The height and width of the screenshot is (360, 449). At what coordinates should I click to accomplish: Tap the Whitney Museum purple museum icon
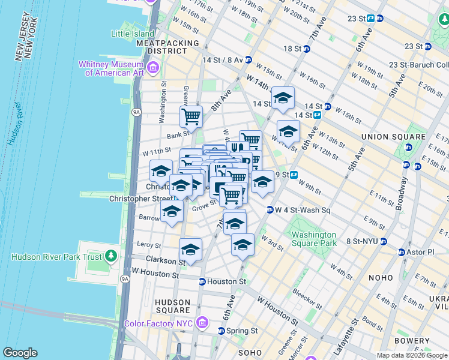(x=153, y=67)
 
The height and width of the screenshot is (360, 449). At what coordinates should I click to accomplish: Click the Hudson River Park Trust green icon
(x=110, y=257)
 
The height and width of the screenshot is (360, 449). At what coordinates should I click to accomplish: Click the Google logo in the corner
(x=20, y=353)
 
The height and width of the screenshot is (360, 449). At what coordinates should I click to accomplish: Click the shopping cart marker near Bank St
(x=191, y=116)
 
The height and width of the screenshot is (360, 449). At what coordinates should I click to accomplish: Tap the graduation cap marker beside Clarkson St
(x=190, y=249)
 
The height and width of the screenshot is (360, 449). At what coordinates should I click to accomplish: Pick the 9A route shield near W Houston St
(x=125, y=278)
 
